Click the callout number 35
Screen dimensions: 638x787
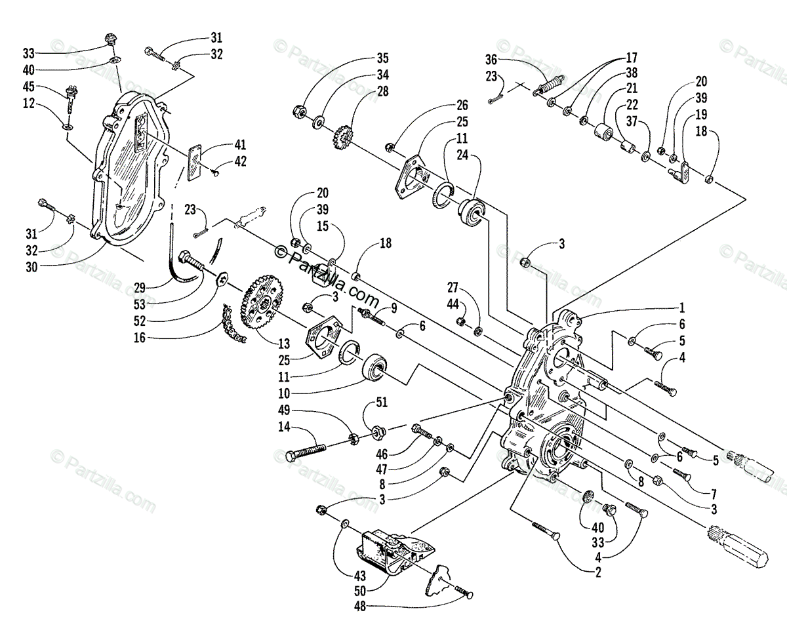[x=383, y=56]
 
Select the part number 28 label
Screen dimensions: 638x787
[x=383, y=92]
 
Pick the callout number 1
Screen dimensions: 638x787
[x=681, y=307]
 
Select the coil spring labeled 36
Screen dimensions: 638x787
[x=550, y=86]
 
